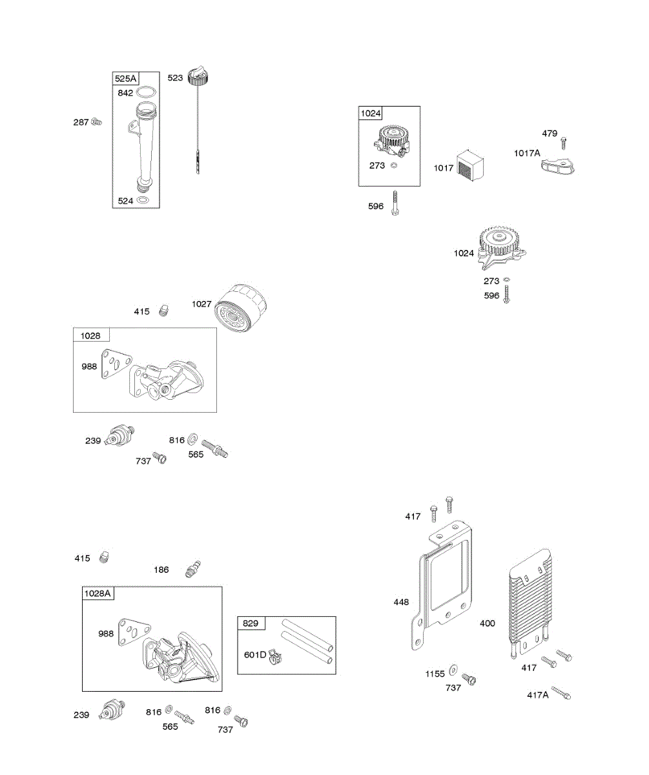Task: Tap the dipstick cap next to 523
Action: pyautogui.click(x=197, y=77)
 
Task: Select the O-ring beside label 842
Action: pyautogui.click(x=147, y=92)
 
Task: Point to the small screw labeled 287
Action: pyautogui.click(x=98, y=121)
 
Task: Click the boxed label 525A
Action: pyautogui.click(x=126, y=79)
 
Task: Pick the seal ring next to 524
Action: pyautogui.click(x=146, y=201)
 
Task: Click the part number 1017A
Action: pyautogui.click(x=527, y=153)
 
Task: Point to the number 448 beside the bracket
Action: pyautogui.click(x=401, y=602)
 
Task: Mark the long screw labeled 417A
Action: pyautogui.click(x=561, y=694)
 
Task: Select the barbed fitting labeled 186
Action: pyautogui.click(x=191, y=569)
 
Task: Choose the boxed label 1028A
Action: pyautogui.click(x=98, y=594)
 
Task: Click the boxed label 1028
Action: pyautogui.click(x=91, y=335)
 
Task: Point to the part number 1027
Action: pyautogui.click(x=201, y=304)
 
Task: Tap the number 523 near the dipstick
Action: pyautogui.click(x=175, y=77)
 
